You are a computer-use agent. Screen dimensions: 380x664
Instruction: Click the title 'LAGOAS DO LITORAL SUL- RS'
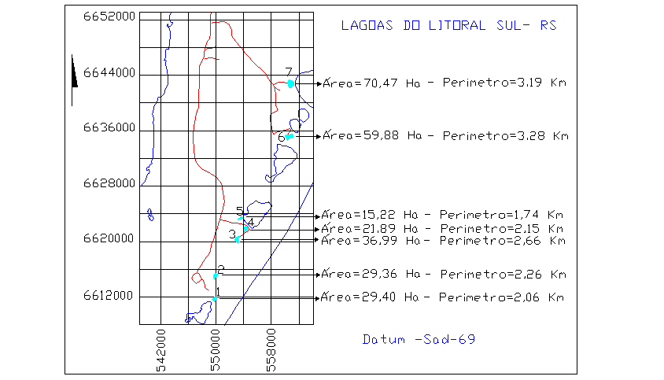click(x=448, y=25)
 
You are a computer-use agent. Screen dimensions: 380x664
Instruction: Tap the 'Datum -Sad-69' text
click(x=419, y=340)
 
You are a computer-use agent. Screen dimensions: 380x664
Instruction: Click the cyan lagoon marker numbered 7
click(x=291, y=83)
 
